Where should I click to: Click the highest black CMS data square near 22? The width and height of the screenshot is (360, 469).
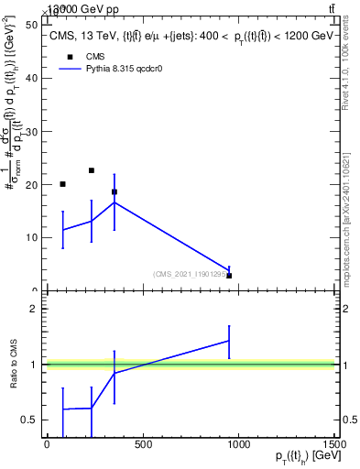(x=92, y=170)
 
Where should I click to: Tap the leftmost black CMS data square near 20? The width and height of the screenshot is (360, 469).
(x=62, y=184)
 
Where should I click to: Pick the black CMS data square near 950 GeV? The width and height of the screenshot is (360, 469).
(x=229, y=276)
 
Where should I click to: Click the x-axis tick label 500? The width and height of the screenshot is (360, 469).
(x=142, y=444)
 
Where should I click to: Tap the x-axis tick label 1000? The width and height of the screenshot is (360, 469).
(x=238, y=444)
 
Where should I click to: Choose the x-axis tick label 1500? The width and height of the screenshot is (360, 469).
(x=333, y=444)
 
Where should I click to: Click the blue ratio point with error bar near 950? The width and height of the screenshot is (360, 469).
(x=229, y=341)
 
